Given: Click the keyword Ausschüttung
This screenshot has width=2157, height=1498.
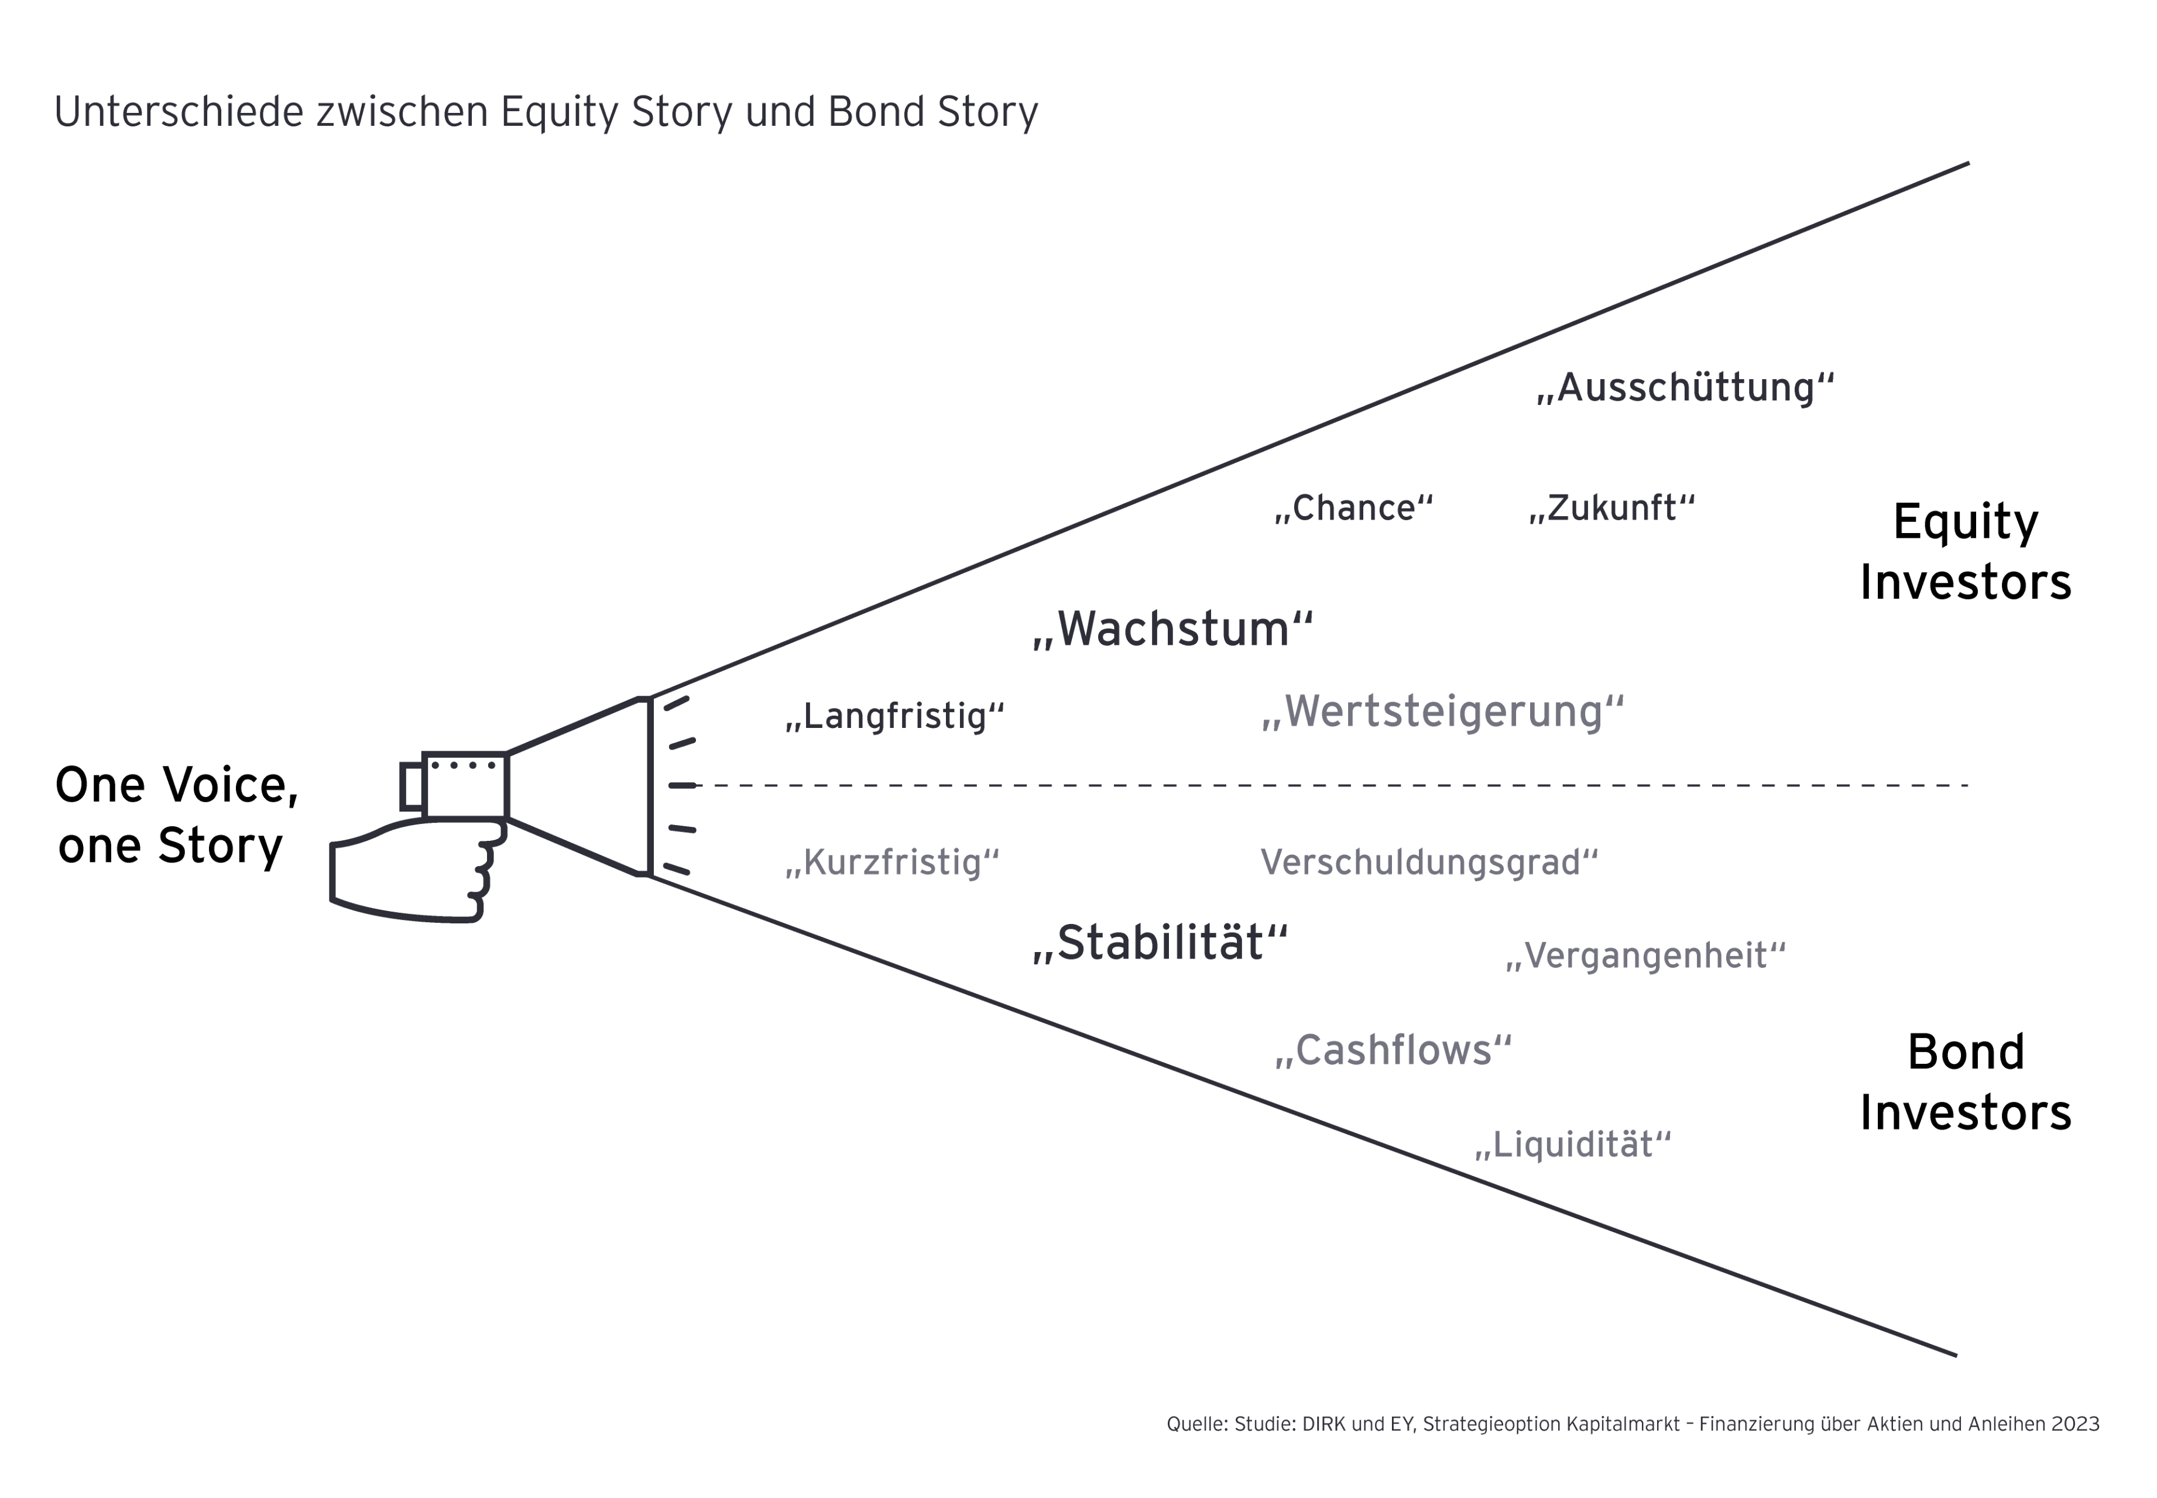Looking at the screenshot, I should pyautogui.click(x=1685, y=387).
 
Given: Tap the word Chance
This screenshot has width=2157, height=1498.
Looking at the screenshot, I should pyautogui.click(x=1353, y=508).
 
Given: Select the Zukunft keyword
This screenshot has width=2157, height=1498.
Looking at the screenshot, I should pyautogui.click(x=1611, y=508).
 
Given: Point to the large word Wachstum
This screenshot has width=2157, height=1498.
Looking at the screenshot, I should pyautogui.click(x=1172, y=629).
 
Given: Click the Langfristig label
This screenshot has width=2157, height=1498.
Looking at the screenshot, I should pyautogui.click(x=894, y=716).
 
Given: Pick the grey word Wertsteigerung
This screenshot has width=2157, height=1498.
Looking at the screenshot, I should pyautogui.click(x=1443, y=712).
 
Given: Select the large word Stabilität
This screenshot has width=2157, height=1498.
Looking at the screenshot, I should pyautogui.click(x=1160, y=943).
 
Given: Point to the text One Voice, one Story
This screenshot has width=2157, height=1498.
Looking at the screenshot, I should pyautogui.click(x=176, y=815).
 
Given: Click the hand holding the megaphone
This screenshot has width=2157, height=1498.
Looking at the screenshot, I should pyautogui.click(x=413, y=873).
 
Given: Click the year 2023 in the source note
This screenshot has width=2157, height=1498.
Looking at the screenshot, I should pyautogui.click(x=2074, y=1424).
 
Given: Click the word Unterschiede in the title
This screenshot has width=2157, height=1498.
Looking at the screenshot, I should pyautogui.click(x=179, y=112).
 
